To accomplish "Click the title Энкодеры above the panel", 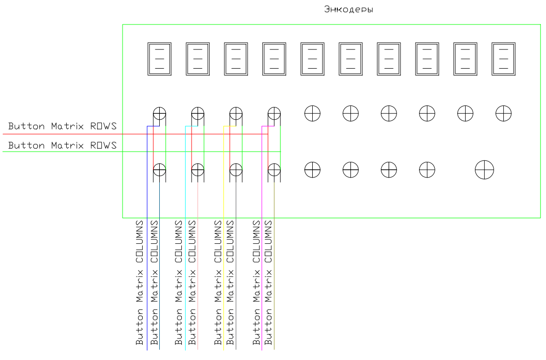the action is (x=348, y=9).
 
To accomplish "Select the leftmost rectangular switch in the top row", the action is (x=159, y=59).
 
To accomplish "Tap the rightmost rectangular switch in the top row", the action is (x=503, y=59).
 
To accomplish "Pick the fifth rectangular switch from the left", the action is (x=312, y=59).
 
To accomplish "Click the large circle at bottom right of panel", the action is (x=484, y=170).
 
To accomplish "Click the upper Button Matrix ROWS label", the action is (x=62, y=126).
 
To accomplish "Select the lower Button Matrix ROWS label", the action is (x=62, y=145).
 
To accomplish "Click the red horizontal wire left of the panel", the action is (x=63, y=134).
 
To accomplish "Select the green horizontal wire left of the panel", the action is (x=63, y=152).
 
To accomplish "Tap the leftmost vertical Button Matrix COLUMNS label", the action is (x=140, y=283).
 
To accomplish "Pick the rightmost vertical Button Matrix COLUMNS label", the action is (x=268, y=283).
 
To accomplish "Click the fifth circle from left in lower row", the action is (x=312, y=170).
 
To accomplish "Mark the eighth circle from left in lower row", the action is (x=427, y=170).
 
